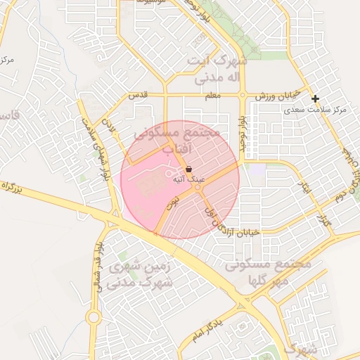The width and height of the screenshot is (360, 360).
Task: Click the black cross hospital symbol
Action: [316, 99]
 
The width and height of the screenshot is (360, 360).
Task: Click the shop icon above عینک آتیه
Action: [189, 169]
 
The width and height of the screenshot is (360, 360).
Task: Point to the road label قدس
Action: [136, 95]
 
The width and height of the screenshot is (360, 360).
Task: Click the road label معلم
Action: [211, 94]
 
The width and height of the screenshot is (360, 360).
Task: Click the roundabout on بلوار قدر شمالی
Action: [94, 318]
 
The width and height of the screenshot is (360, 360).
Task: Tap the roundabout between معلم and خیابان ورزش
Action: [243, 94]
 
